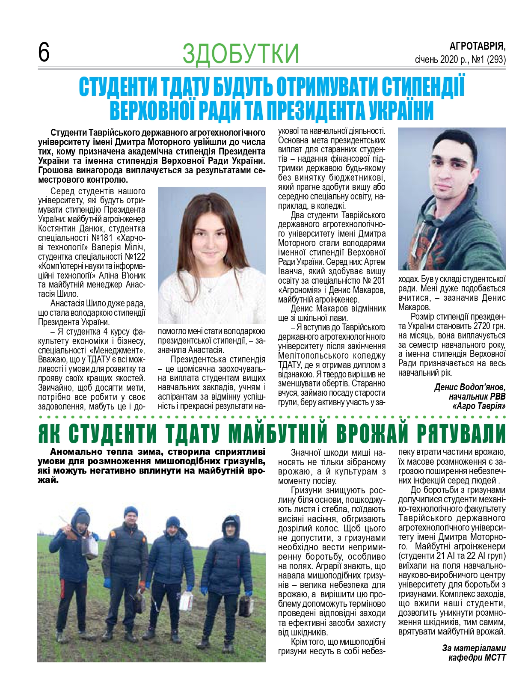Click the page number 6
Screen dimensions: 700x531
click(44, 52)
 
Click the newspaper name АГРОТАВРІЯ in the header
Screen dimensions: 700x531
click(478, 46)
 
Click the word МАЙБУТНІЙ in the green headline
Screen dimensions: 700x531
click(279, 434)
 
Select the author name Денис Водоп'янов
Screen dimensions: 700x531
click(469, 387)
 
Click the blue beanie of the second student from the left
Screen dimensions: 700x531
click(131, 511)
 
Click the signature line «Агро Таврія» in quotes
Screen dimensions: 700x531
click(479, 406)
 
